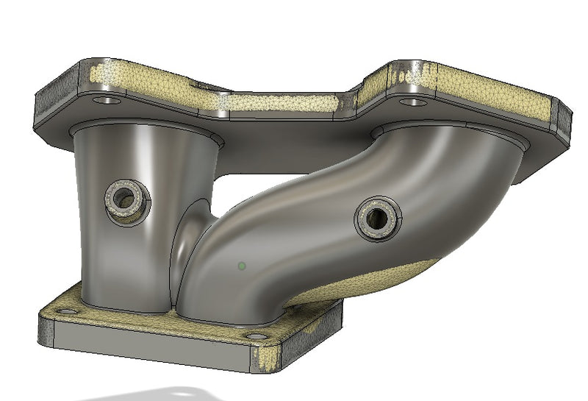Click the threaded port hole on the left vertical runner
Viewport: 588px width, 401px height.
click(x=126, y=197)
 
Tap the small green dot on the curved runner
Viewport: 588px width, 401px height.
click(x=242, y=265)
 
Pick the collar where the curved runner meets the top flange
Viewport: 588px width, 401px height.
click(x=448, y=132)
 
